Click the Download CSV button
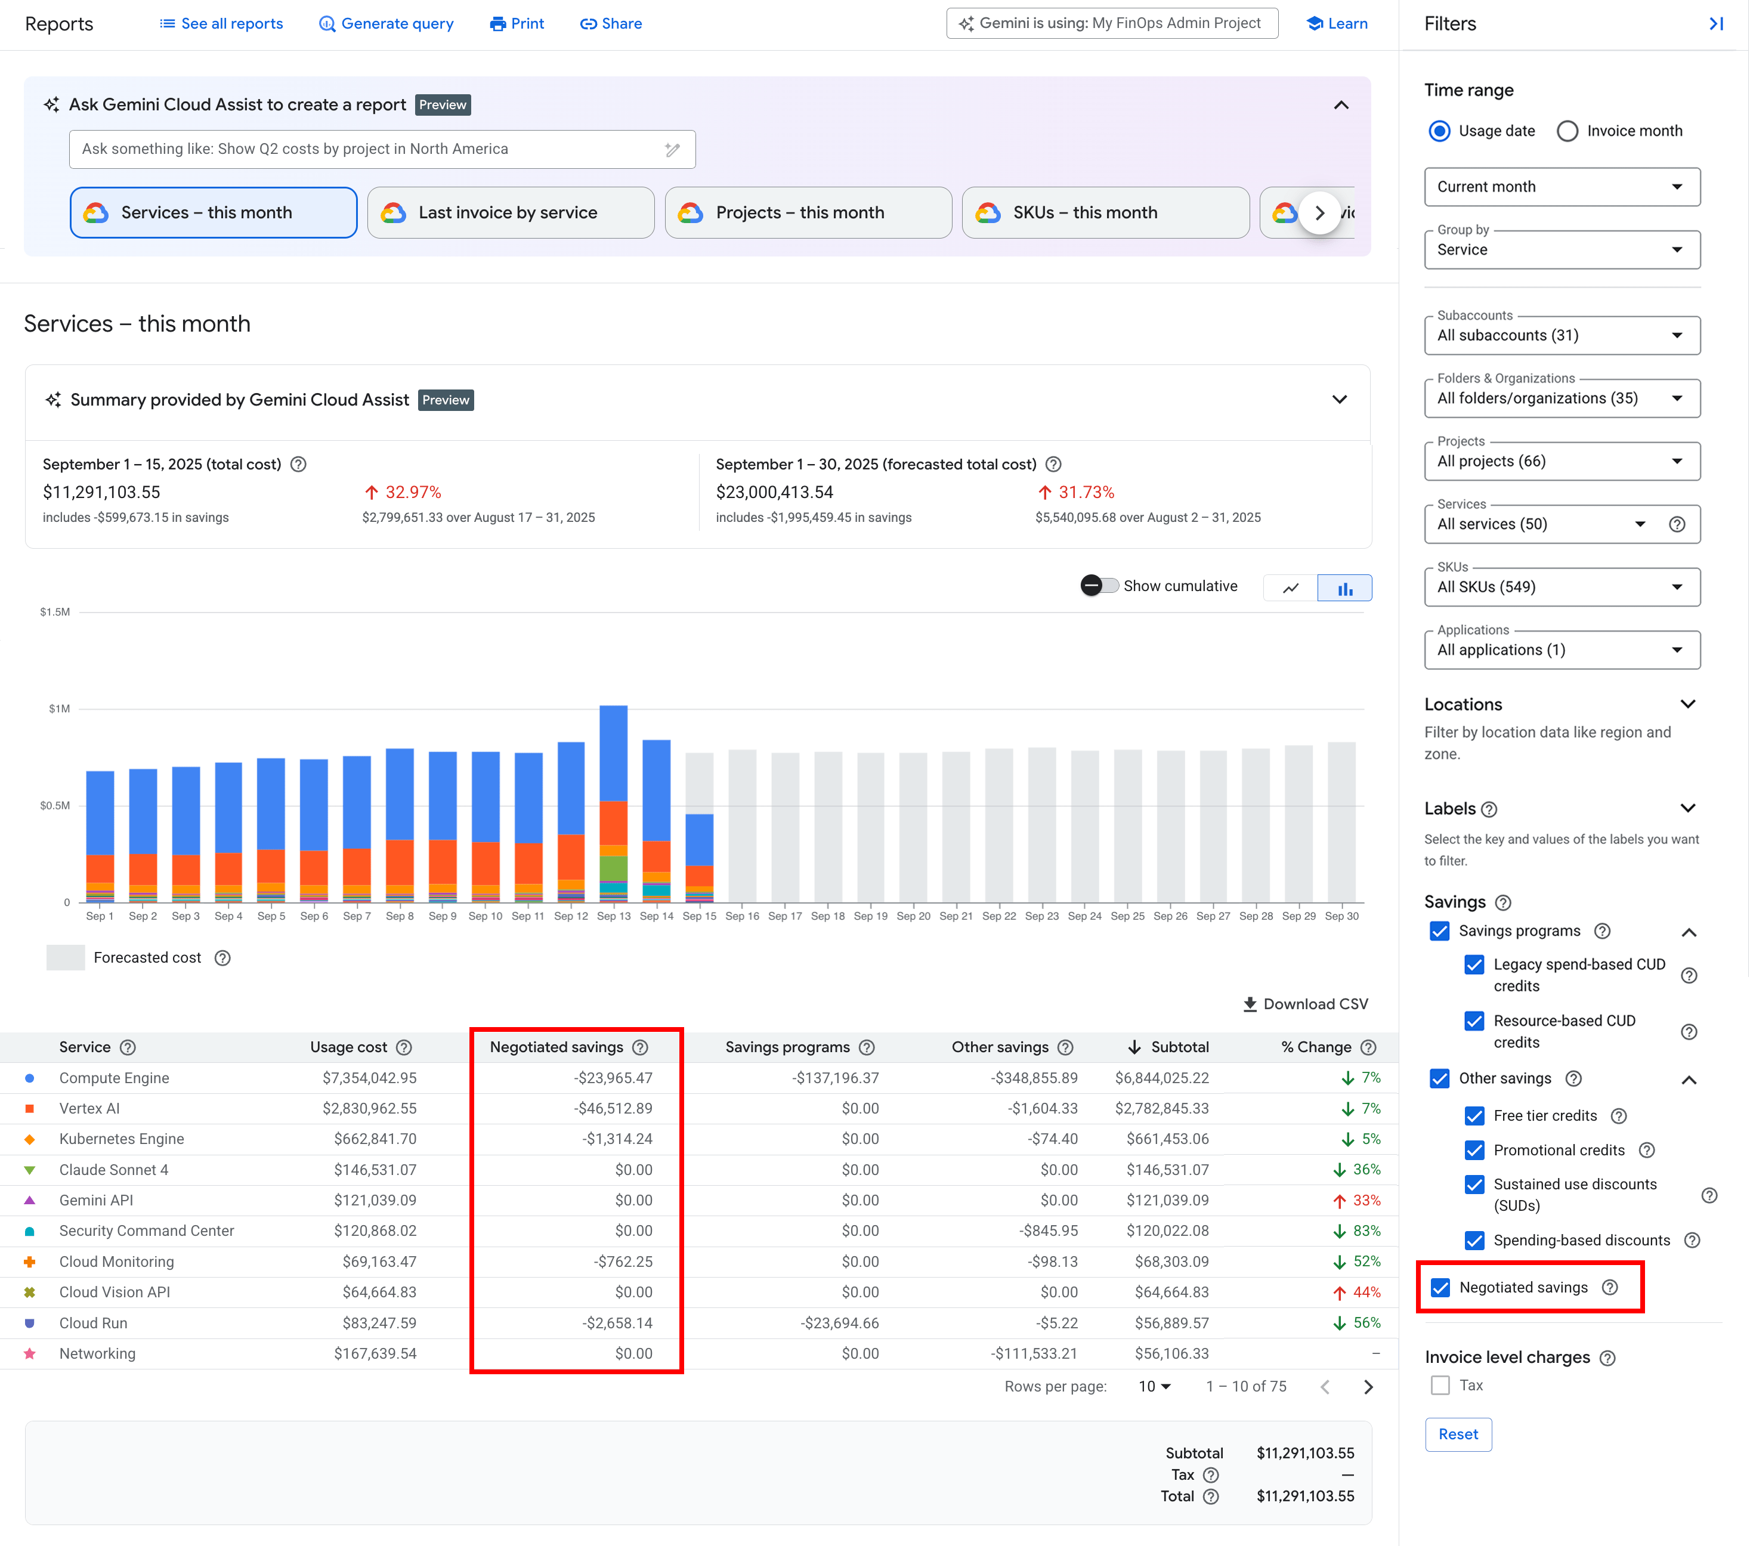[1306, 1004]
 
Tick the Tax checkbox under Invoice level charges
[1440, 1385]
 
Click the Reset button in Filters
[1457, 1434]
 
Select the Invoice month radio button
[1567, 131]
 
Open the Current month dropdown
[1561, 187]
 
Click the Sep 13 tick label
[613, 916]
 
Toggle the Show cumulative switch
[1099, 586]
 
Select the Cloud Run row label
[93, 1322]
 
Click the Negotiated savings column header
[556, 1047]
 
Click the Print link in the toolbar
[517, 24]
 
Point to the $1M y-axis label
[59, 709]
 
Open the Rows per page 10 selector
[1154, 1386]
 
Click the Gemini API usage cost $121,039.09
[375, 1200]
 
